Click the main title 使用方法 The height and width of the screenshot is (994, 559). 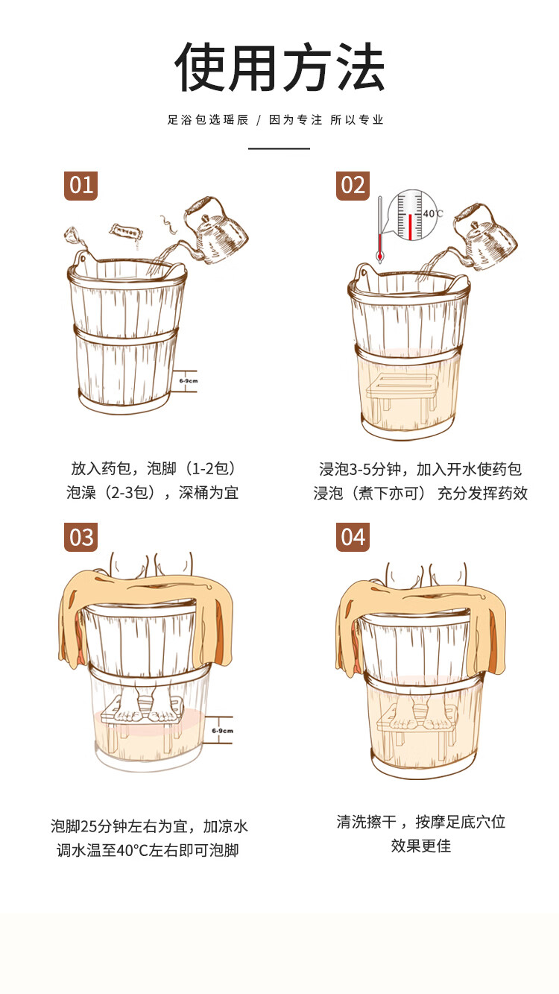(279, 67)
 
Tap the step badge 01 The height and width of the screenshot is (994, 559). (80, 186)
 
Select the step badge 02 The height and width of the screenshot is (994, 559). (353, 186)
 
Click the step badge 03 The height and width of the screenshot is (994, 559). (80, 537)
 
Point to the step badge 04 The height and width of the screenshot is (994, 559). (353, 537)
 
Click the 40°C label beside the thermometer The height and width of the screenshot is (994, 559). (432, 213)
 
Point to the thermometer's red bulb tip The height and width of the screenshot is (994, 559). (380, 257)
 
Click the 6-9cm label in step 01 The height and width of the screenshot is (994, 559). (189, 381)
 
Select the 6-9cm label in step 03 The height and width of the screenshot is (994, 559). (222, 731)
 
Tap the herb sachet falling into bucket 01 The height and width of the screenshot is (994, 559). (127, 231)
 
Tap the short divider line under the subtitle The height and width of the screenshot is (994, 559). (279, 148)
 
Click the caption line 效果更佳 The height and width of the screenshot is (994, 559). (420, 846)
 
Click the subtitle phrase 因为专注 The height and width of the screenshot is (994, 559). (295, 120)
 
